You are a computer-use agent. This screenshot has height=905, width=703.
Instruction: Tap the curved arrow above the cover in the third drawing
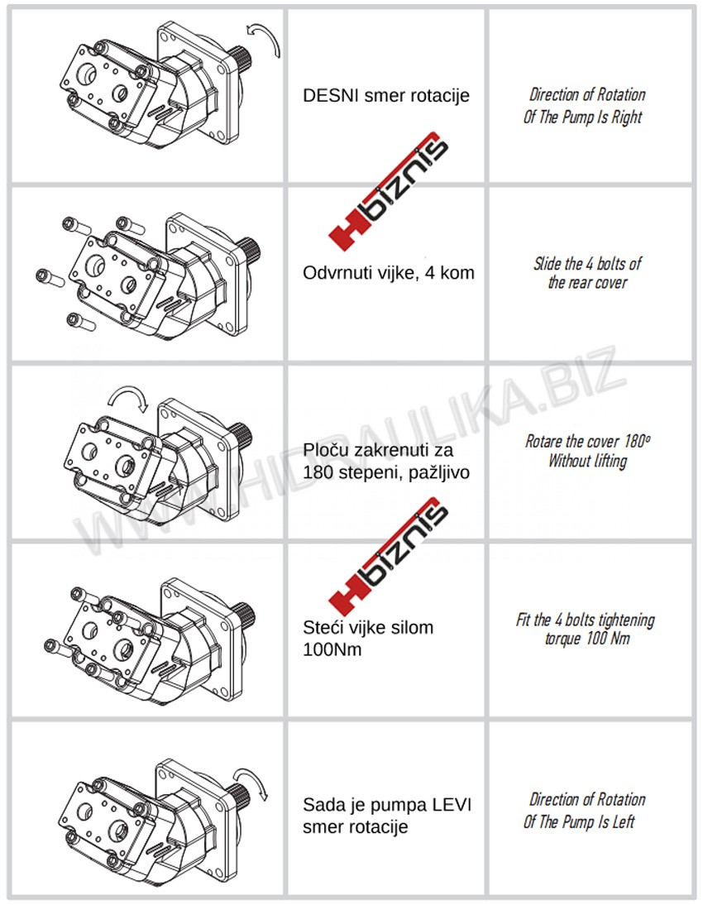point(128,396)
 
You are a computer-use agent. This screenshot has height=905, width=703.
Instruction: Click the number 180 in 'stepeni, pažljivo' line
point(317,472)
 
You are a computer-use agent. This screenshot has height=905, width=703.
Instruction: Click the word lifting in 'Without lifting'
point(609,461)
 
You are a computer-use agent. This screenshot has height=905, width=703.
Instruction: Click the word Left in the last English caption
point(623,822)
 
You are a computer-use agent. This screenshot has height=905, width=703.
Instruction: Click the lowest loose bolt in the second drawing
point(81,321)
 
